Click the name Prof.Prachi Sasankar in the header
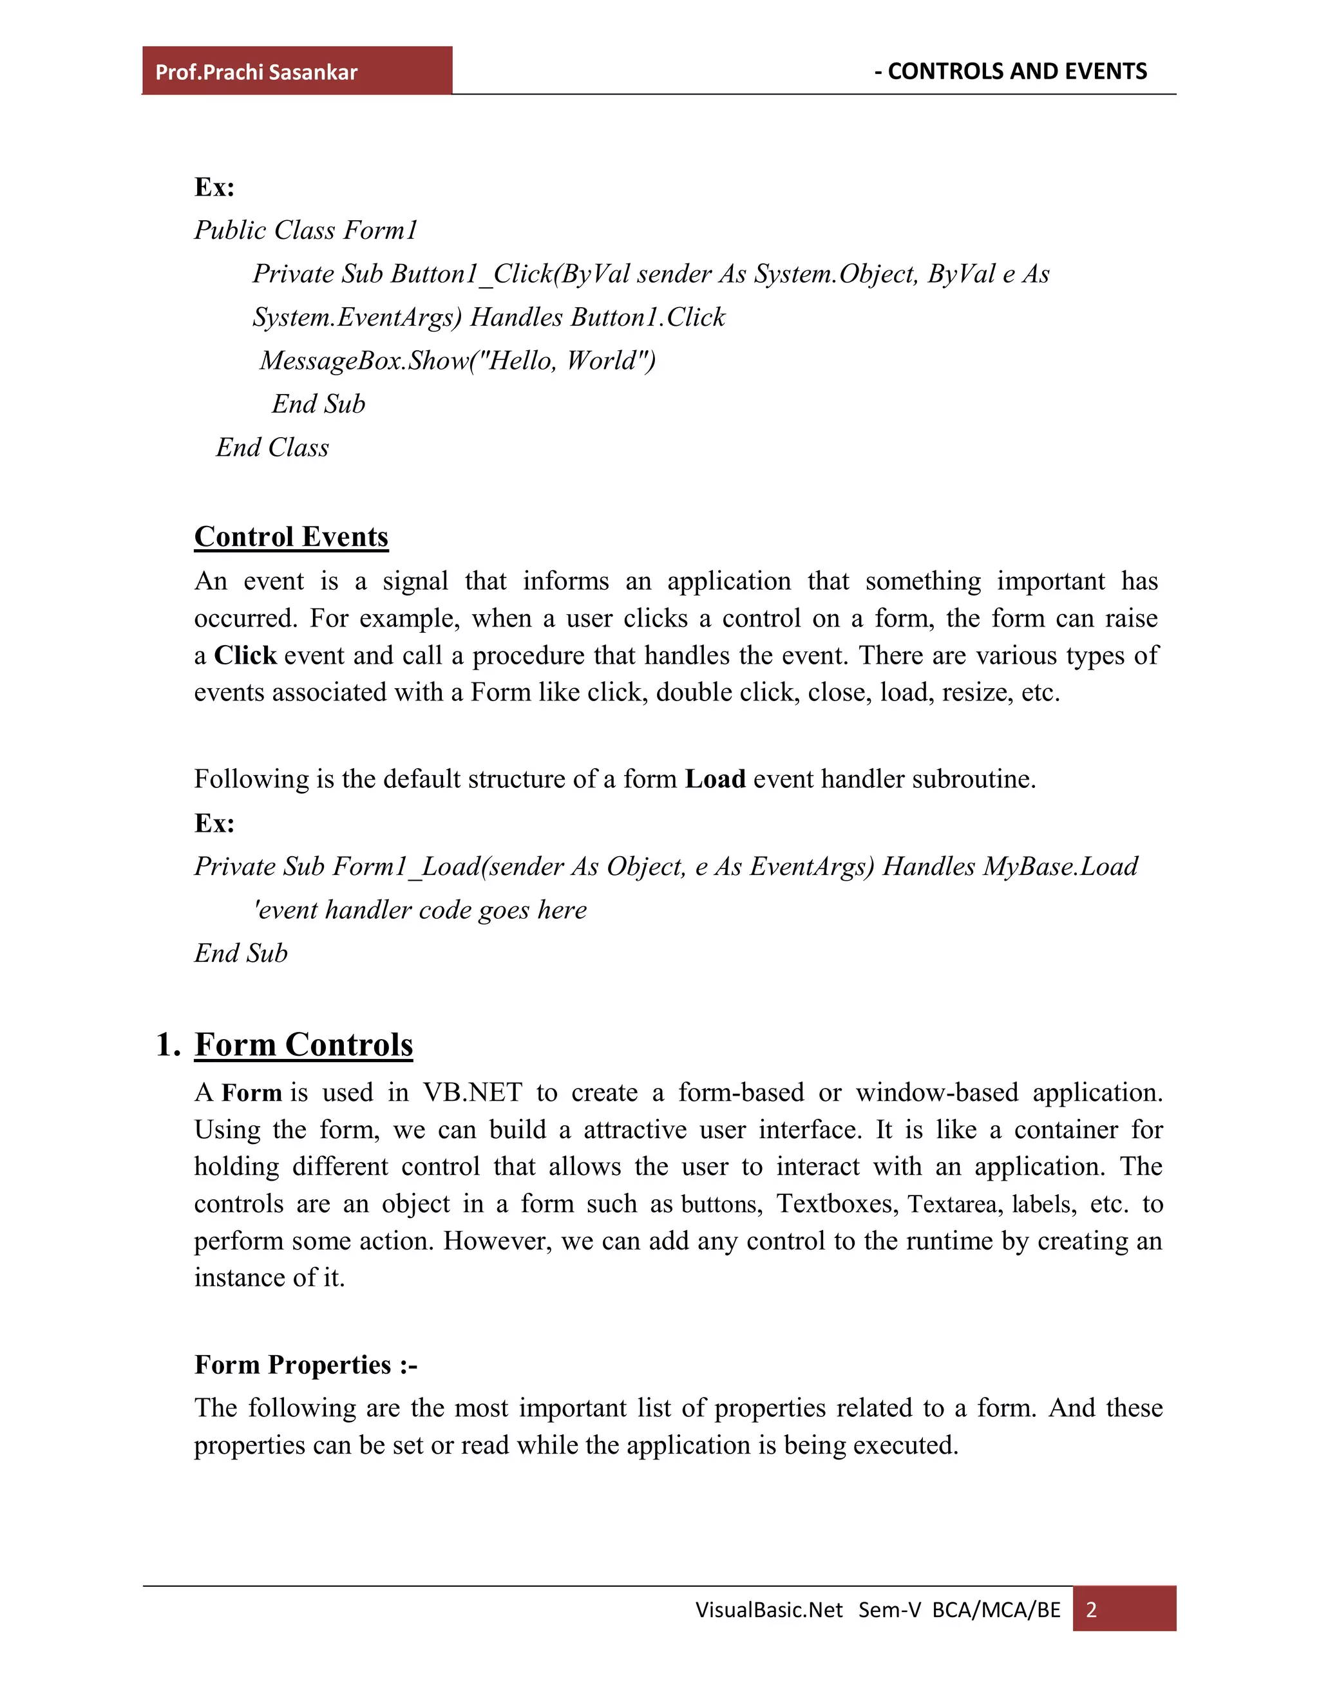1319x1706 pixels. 256,73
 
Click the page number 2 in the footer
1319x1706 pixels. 1092,1610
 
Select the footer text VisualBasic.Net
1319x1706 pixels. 769,1610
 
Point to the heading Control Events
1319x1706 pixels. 290,538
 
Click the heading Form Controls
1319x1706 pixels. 303,1045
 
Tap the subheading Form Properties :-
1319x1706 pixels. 305,1365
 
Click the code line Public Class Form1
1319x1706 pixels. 305,230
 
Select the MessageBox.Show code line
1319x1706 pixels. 457,361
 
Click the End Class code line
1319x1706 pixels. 272,447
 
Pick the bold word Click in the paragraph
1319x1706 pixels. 245,655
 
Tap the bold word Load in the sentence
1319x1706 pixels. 715,780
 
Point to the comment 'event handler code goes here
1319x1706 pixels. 420,910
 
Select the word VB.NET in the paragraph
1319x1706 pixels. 472,1093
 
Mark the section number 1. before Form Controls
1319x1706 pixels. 168,1045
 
